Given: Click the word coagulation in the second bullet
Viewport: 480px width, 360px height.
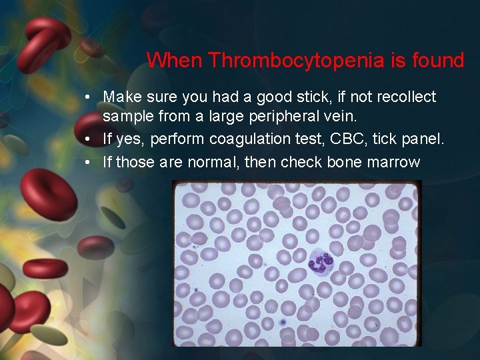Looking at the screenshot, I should click(247, 139).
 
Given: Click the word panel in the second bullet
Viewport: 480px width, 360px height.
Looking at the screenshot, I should click(420, 139).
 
